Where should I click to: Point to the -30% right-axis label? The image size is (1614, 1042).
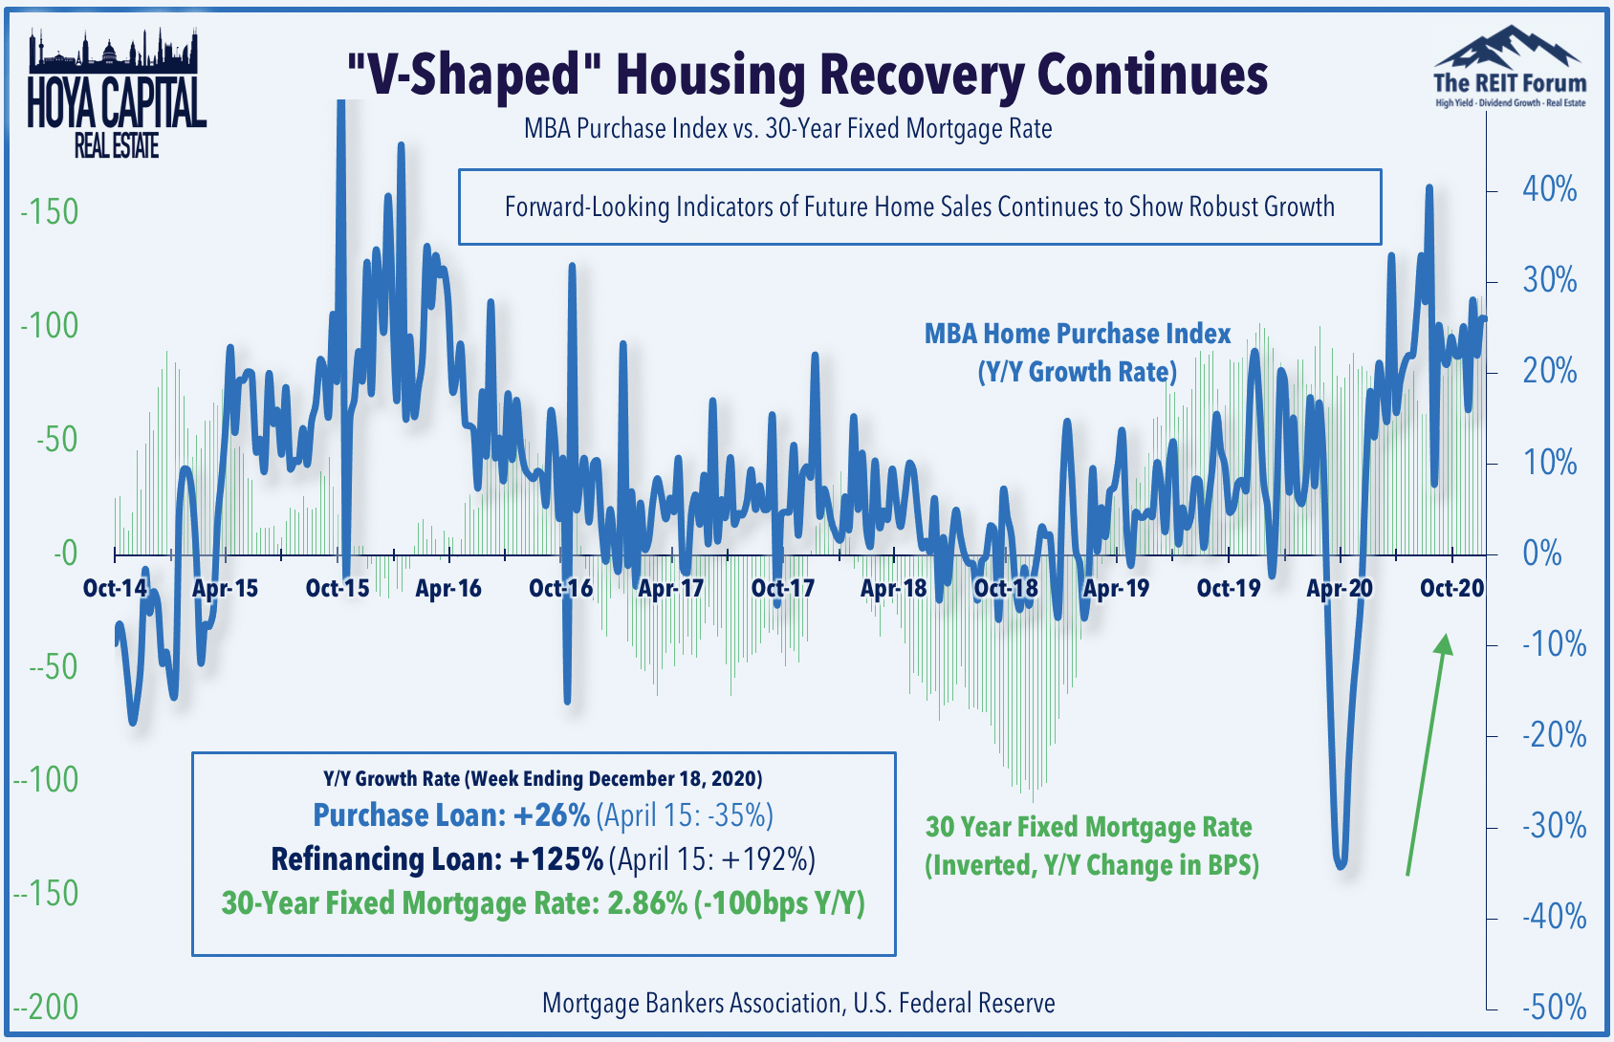[1554, 827]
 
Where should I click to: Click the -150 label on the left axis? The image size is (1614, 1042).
[49, 212]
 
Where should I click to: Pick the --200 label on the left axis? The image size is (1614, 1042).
[45, 1008]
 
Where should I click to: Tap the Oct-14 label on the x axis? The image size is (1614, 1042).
[116, 588]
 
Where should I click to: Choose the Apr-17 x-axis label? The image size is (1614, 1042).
[671, 588]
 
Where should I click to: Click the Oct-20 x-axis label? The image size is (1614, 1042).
[1451, 588]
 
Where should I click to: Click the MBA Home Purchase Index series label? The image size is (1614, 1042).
[1078, 353]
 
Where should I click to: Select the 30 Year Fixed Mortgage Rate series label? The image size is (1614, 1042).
[1092, 846]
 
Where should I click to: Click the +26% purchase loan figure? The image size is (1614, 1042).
[551, 815]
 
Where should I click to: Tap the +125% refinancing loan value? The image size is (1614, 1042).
[556, 859]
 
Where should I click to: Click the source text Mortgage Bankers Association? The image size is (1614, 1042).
[691, 1003]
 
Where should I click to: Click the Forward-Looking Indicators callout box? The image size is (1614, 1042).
[920, 206]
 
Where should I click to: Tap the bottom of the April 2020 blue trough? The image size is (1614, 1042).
[1341, 867]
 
